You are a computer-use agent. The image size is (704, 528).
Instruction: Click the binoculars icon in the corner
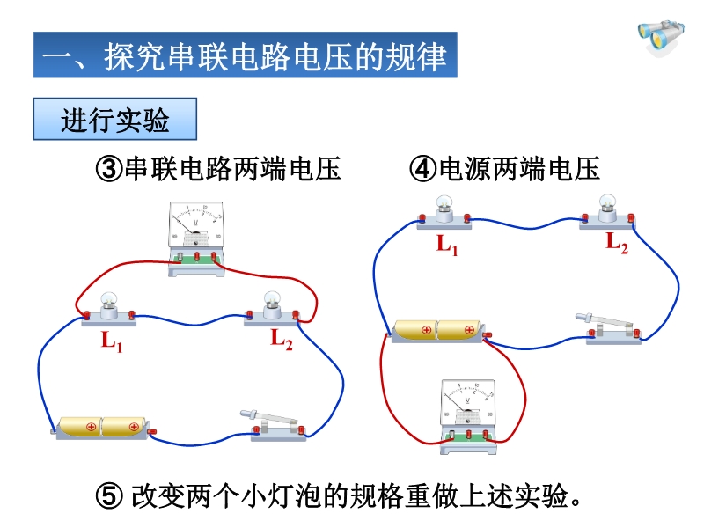pos(661,38)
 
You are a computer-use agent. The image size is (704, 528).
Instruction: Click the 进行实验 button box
pos(115,119)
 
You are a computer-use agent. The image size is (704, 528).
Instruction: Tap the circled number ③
pos(109,169)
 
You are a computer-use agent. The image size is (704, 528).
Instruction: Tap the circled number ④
pos(423,169)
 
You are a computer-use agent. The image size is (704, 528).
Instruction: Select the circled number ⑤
pos(109,496)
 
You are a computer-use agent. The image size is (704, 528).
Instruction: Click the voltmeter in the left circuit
pos(196,238)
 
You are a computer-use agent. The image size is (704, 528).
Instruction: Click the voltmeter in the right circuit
pos(468,416)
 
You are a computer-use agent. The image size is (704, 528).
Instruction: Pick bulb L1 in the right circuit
pos(444,212)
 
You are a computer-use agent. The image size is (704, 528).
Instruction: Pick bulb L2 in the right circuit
pos(607,212)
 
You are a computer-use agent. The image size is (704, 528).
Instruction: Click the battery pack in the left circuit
pos(103,429)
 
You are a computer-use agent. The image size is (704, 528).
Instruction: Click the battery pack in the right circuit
pos(439,332)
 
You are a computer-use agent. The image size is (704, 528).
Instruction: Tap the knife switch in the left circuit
pos(274,425)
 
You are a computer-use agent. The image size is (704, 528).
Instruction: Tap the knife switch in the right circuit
pos(609,329)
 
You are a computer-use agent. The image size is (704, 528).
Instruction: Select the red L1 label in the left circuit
pos(112,341)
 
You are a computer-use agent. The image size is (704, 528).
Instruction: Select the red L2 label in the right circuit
pos(617,244)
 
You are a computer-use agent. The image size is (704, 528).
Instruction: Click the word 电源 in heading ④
pos(466,169)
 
